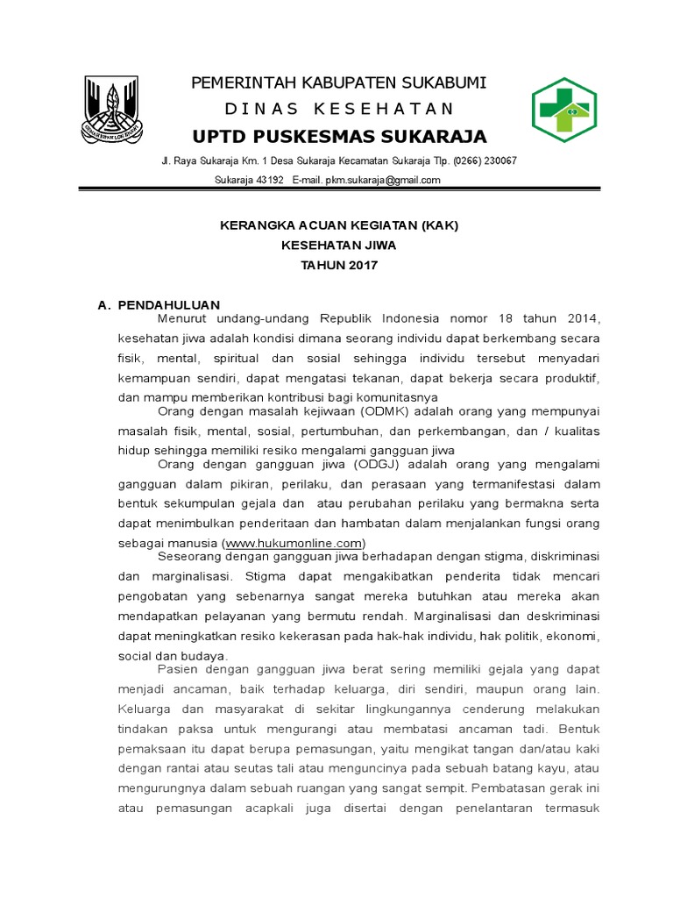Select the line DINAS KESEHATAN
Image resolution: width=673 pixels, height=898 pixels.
tap(339, 109)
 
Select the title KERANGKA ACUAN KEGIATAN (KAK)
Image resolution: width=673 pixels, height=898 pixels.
tap(338, 225)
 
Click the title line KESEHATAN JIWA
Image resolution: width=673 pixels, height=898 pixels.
tap(338, 246)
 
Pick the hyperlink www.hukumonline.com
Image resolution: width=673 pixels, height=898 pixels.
tap(294, 543)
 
